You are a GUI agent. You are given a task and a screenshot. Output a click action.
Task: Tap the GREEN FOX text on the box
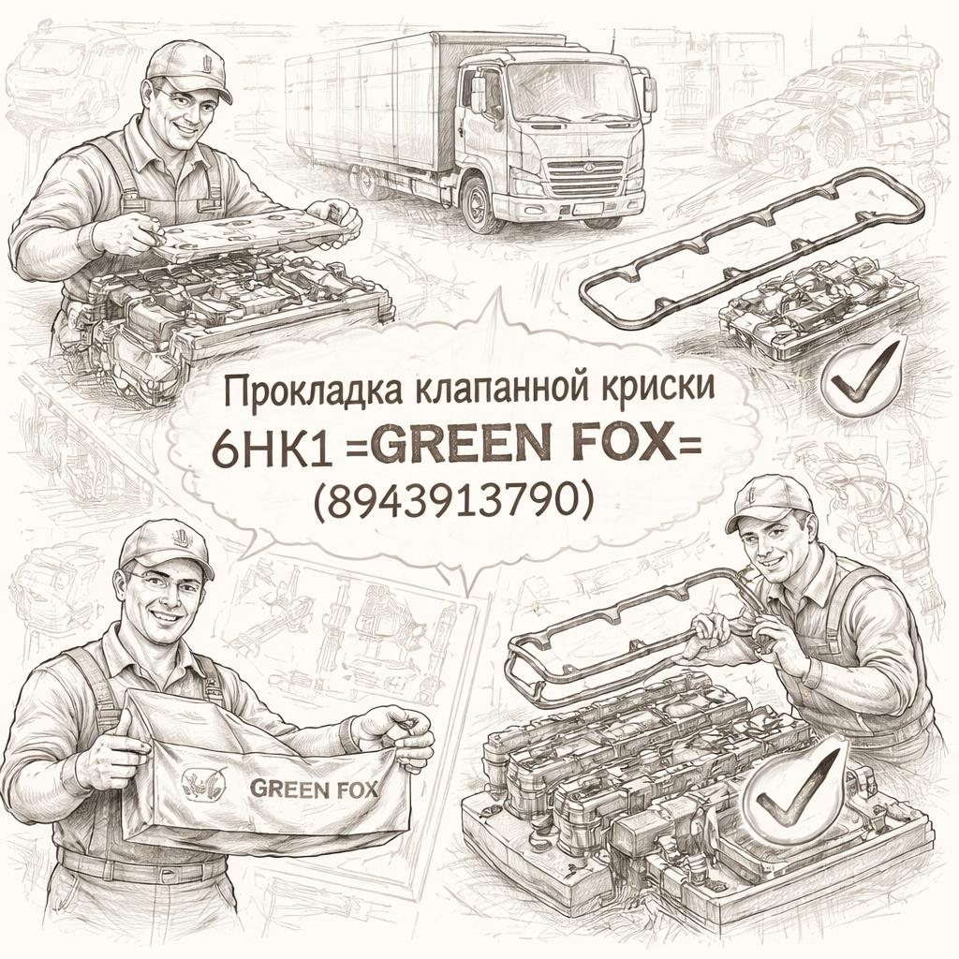(x=314, y=788)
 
